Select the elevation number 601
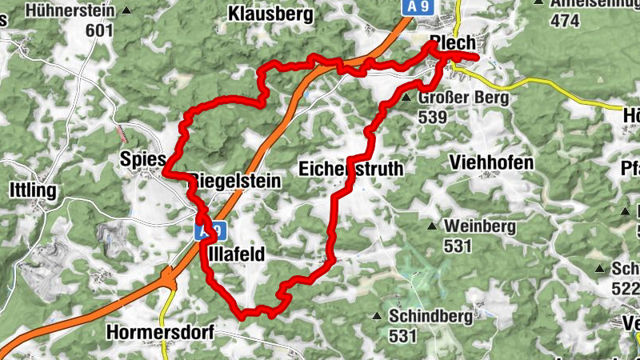pyautogui.click(x=101, y=30)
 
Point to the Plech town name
pyautogui.click(x=452, y=43)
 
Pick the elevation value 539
pyautogui.click(x=432, y=117)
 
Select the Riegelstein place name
pyautogui.click(x=235, y=182)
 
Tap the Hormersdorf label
pyautogui.click(x=159, y=332)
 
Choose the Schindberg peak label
pyautogui.click(x=431, y=316)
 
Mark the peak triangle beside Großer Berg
pyautogui.click(x=406, y=98)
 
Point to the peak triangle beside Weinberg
pyautogui.click(x=433, y=226)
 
